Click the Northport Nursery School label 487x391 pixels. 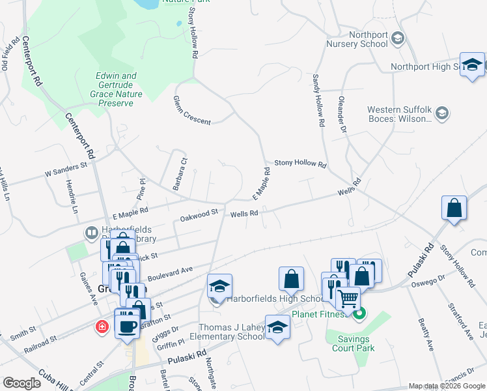tap(359, 39)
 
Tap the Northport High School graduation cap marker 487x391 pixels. tap(471, 65)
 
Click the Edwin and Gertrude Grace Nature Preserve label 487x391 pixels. tap(117, 89)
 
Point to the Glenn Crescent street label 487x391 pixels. tap(191, 111)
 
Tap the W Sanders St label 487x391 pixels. tap(66, 170)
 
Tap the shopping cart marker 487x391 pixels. tap(349, 299)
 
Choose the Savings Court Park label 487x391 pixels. tap(354, 343)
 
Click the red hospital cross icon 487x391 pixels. tap(102, 326)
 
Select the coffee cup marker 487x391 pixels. tap(126, 324)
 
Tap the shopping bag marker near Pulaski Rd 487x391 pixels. tap(454, 209)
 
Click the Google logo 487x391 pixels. tap(21, 383)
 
